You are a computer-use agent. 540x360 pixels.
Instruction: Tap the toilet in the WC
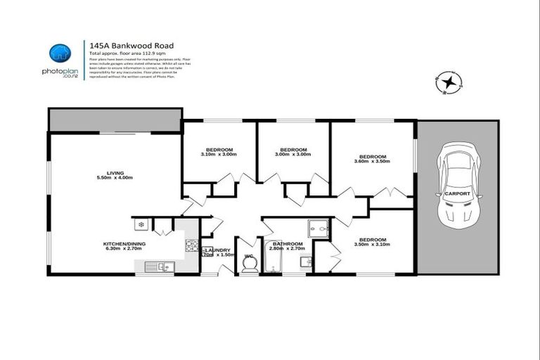[x=247, y=263]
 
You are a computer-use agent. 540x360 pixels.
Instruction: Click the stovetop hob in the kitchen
[x=191, y=245]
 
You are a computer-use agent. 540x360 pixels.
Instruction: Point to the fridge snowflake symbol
[x=141, y=225]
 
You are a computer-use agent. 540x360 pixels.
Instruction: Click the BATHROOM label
[x=287, y=243]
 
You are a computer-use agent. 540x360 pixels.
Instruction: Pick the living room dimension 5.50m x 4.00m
[x=115, y=177]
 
